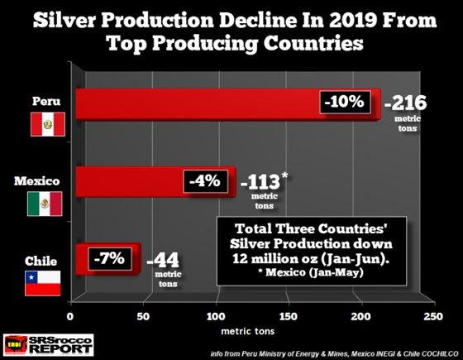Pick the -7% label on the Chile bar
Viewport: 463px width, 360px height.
[x=107, y=258]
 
